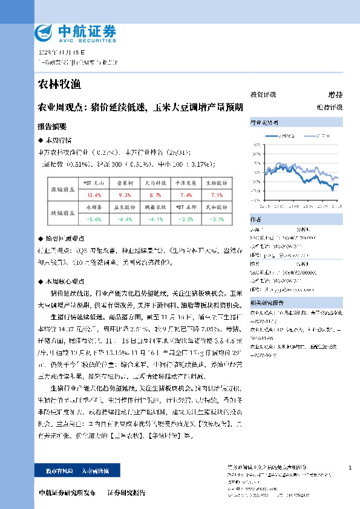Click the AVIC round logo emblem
[x=44, y=33]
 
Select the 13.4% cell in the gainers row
[x=94, y=195]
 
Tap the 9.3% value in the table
[x=125, y=195]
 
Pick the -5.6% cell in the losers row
[x=94, y=219]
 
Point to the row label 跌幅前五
[x=62, y=213]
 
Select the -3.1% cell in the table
[x=216, y=219]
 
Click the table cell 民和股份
[x=216, y=207]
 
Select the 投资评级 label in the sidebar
[x=263, y=95]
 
